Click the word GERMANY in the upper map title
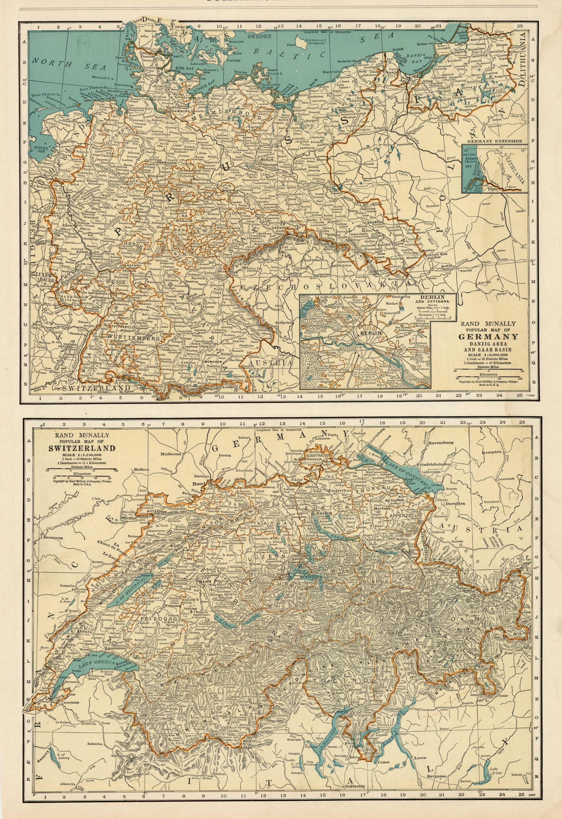(x=488, y=336)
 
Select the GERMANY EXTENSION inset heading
(x=495, y=141)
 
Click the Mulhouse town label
(x=171, y=454)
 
